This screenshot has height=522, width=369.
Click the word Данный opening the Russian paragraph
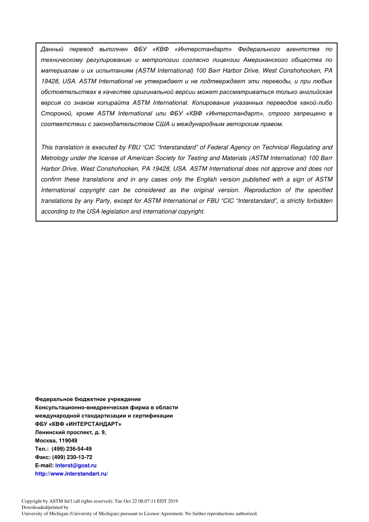pyautogui.click(x=52, y=49)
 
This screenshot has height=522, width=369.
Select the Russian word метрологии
pyautogui.click(x=160, y=60)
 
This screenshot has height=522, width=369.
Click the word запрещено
pyautogui.click(x=310, y=113)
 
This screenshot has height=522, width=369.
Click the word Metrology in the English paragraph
pyautogui.click(x=54, y=158)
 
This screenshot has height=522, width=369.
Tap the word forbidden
pyautogui.click(x=319, y=201)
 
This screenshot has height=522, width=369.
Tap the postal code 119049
pyautogui.click(x=68, y=440)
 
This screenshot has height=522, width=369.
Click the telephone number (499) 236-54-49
pyautogui.click(x=71, y=449)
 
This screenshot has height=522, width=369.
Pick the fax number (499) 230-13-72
pyautogui.click(x=72, y=457)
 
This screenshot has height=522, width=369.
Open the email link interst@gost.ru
pyautogui.click(x=76, y=465)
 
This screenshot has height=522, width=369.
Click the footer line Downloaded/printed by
pyautogui.click(x=45, y=507)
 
